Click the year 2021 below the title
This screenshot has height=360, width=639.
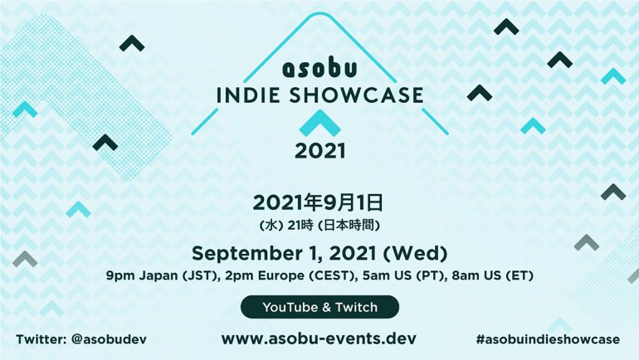click(x=319, y=153)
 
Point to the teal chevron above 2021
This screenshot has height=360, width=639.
click(x=319, y=124)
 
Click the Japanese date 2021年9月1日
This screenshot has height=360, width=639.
click(x=319, y=202)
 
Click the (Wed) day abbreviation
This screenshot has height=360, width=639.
click(x=418, y=253)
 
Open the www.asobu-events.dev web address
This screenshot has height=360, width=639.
click(x=319, y=338)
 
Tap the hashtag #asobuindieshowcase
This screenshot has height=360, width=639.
click(x=549, y=339)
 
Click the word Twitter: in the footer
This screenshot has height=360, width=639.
click(x=42, y=339)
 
